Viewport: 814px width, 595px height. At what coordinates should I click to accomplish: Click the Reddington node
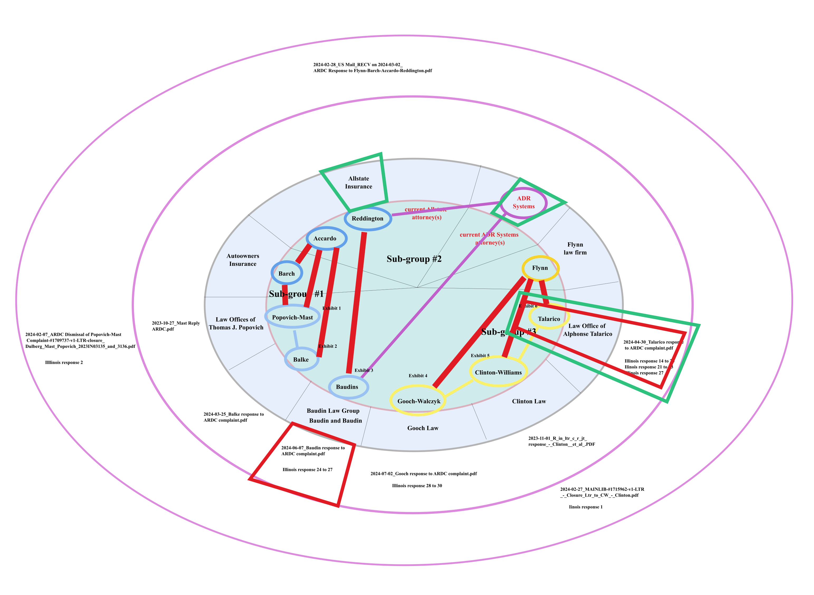pos(368,219)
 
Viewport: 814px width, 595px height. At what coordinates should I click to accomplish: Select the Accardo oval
pos(326,238)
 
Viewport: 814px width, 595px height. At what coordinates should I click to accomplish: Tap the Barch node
pos(287,273)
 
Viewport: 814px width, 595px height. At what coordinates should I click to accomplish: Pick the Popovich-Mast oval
pos(292,317)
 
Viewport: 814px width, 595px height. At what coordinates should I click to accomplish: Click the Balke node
pos(301,359)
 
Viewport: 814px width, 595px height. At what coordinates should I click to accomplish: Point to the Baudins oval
pos(348,387)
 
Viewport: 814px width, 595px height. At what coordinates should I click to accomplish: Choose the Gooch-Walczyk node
pos(418,401)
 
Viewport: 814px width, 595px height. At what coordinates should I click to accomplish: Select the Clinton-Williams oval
pos(498,372)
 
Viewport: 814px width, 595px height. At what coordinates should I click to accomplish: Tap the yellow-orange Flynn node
pos(540,268)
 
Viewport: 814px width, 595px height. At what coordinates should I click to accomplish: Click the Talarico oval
pos(549,319)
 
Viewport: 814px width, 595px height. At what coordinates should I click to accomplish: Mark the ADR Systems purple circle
pos(523,202)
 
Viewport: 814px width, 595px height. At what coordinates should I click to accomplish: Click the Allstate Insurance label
pos(359,183)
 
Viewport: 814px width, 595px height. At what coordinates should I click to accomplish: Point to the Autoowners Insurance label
pos(243,260)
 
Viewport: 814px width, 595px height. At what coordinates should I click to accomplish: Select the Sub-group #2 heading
pos(414,259)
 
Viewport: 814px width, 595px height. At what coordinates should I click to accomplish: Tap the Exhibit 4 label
pos(418,376)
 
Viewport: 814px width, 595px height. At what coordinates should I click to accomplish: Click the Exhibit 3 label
pos(364,370)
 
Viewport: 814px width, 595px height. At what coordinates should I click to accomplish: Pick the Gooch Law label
pos(423,428)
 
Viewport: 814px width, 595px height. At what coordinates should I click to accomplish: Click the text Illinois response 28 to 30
pos(417,486)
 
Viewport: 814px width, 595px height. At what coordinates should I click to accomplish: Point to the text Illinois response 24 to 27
pos(307,470)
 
